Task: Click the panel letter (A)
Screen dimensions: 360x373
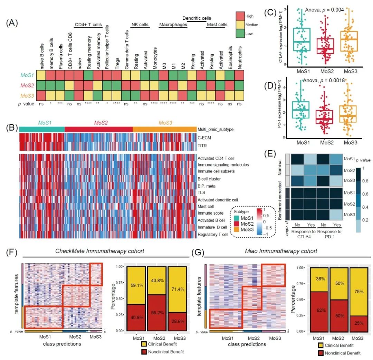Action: coord(12,23)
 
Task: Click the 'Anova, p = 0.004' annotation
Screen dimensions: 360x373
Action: coord(324,10)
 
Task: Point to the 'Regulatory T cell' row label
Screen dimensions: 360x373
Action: coord(212,234)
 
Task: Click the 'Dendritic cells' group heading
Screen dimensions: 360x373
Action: coord(197,18)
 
